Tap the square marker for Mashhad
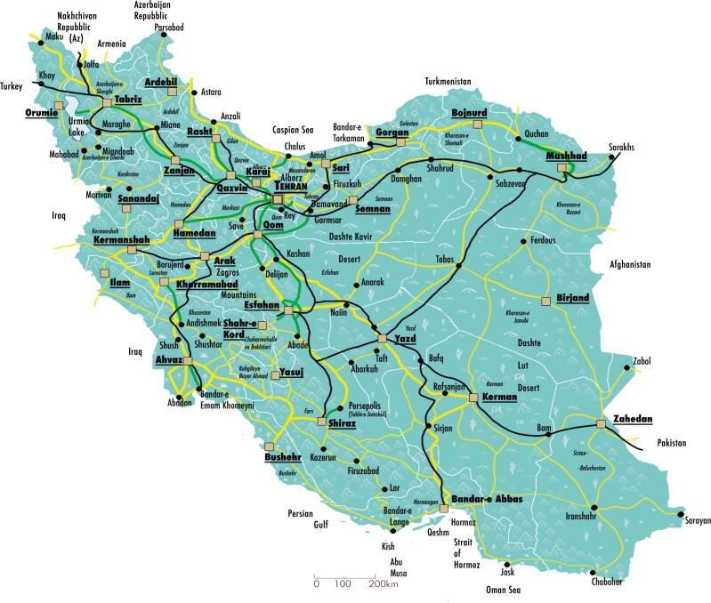tap(561, 166)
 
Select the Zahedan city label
tap(633, 419)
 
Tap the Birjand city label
tap(572, 297)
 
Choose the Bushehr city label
tap(283, 458)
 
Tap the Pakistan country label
tap(674, 442)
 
